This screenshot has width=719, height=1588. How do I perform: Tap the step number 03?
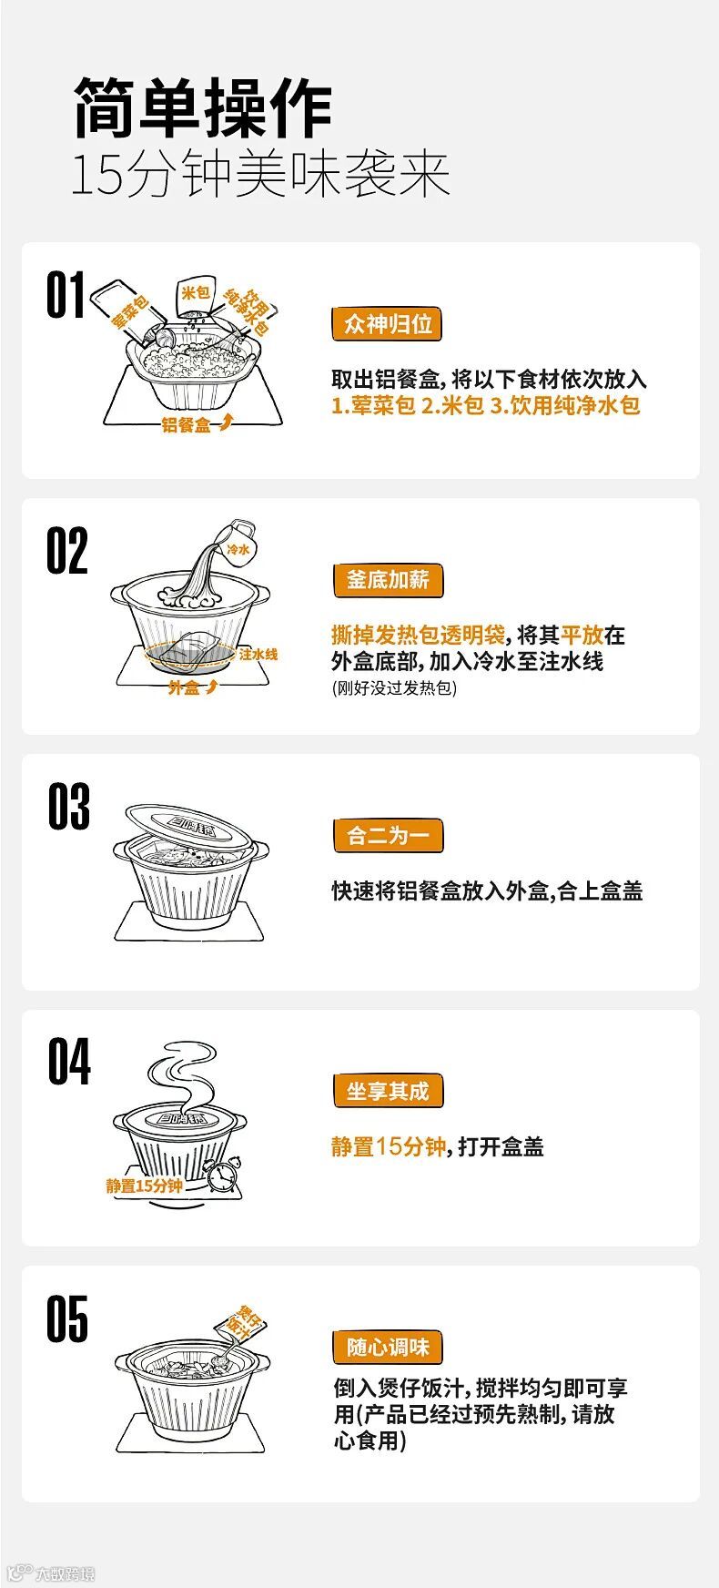coord(69,806)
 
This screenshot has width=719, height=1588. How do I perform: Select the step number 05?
coord(68,1318)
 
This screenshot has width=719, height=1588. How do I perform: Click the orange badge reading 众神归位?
coord(388,323)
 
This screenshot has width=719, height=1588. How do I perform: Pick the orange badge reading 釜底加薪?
coord(388,580)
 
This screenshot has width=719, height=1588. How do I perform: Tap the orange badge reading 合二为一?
coord(388,835)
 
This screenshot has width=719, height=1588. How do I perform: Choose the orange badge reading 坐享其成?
coord(388,1091)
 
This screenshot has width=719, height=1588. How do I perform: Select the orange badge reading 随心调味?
coord(388,1347)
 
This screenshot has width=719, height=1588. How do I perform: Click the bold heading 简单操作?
coord(202,108)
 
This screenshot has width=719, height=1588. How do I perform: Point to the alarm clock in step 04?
coord(222,1175)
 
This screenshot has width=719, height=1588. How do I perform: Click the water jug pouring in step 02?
coord(239,541)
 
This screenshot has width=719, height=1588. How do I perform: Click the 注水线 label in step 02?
coord(258,654)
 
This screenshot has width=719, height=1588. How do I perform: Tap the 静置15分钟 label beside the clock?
coord(144,1186)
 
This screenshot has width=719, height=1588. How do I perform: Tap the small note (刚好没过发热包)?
coord(394,688)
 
